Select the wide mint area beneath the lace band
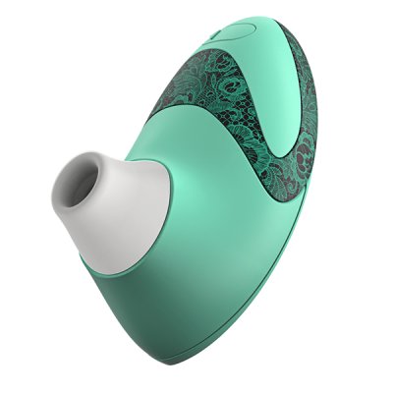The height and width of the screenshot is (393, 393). tap(246, 246)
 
